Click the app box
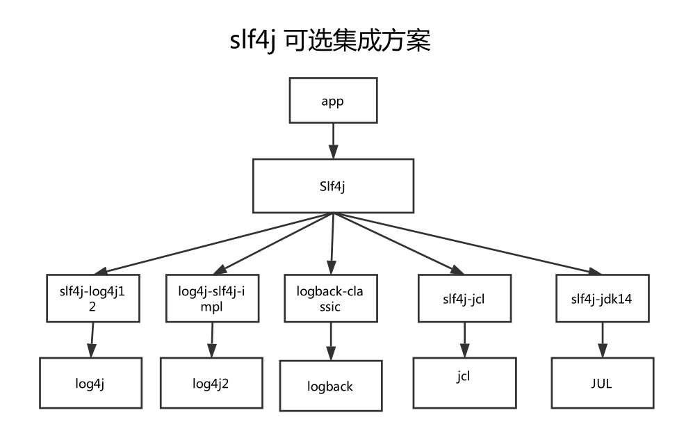[x=333, y=101]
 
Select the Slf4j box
[x=333, y=186]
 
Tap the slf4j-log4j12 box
[x=93, y=299]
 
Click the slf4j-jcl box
[x=464, y=299]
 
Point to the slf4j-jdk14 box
[x=602, y=299]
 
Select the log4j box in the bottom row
[x=90, y=382]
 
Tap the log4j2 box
[x=211, y=382]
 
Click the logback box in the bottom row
[x=330, y=386]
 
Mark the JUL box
[x=602, y=382]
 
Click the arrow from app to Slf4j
[x=333, y=141]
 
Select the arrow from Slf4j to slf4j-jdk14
[x=473, y=244]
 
